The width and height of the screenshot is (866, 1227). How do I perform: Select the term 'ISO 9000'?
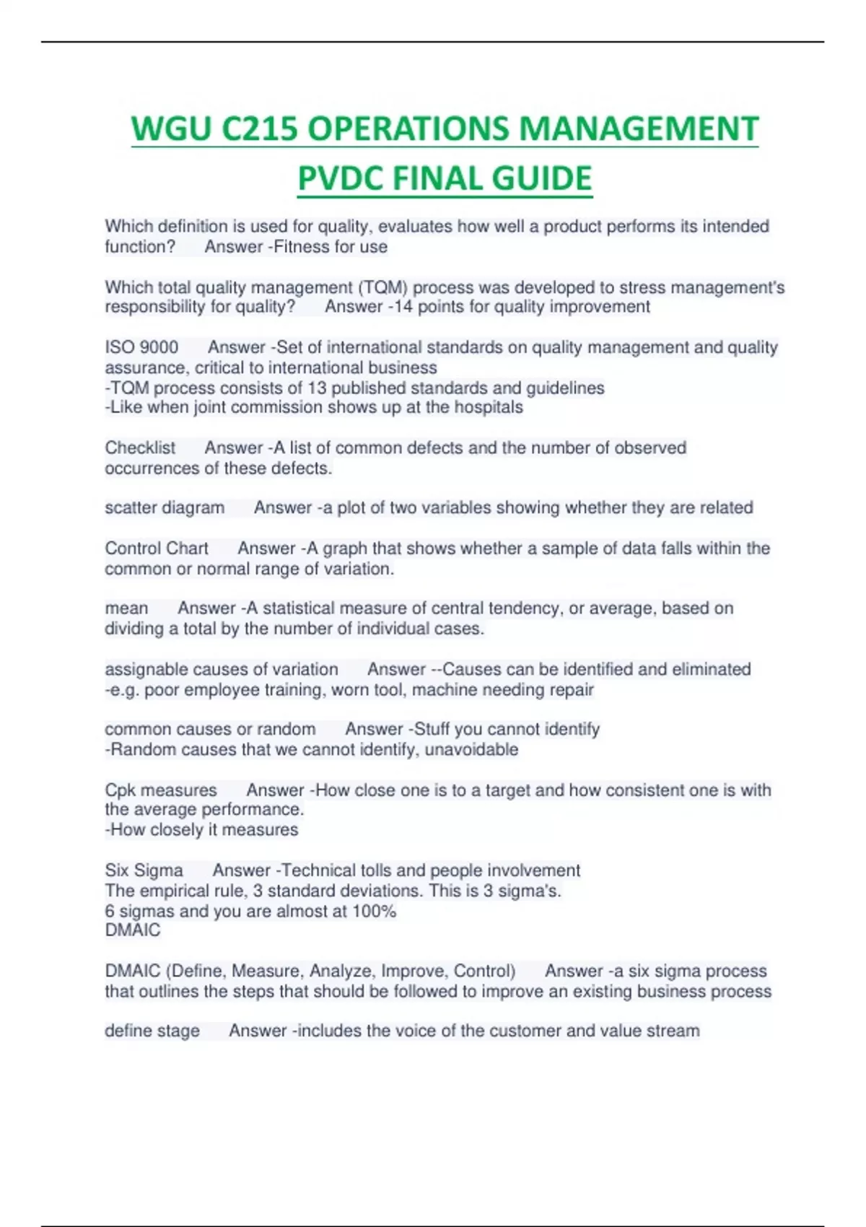coord(141,347)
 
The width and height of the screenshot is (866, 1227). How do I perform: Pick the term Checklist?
coord(140,447)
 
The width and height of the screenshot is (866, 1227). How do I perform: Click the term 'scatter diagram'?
coord(165,508)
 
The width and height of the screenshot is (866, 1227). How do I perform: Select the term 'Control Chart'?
coord(157,549)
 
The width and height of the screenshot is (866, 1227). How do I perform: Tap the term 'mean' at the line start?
coord(126,608)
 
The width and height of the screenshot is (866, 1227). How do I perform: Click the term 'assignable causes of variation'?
coord(221,669)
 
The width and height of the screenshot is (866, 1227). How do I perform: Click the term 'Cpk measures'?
coord(160,790)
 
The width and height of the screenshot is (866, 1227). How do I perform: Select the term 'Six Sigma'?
coord(144,870)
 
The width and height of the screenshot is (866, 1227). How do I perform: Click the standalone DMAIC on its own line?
coord(133,930)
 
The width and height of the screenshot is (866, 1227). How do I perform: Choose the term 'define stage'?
coord(152,1031)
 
